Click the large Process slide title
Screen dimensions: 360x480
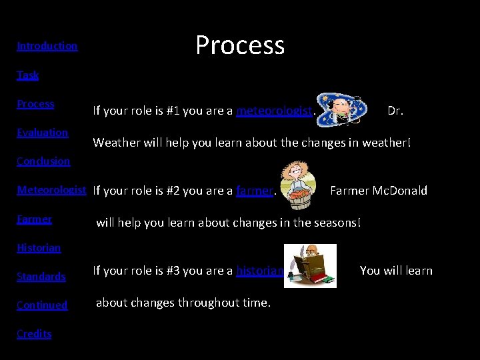(x=240, y=45)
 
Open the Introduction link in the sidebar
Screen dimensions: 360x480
(x=47, y=46)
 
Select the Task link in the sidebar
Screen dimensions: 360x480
(x=28, y=75)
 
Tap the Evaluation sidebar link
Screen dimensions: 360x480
(x=43, y=132)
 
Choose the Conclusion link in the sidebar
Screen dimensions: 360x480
(x=43, y=161)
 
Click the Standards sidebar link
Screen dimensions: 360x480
(x=41, y=276)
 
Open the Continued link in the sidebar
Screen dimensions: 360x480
(x=42, y=305)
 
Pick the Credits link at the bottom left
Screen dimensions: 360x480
(x=34, y=333)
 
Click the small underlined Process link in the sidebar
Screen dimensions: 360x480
(x=35, y=103)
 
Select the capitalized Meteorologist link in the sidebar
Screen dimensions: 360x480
(x=51, y=190)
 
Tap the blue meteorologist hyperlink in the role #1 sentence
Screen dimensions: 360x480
(x=274, y=111)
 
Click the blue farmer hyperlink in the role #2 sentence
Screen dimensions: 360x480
(x=255, y=191)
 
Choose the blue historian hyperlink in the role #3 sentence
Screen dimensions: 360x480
(x=260, y=271)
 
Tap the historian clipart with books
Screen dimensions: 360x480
(x=310, y=265)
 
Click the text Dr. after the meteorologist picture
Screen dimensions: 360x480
(x=395, y=111)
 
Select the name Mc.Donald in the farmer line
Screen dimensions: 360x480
(x=401, y=191)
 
